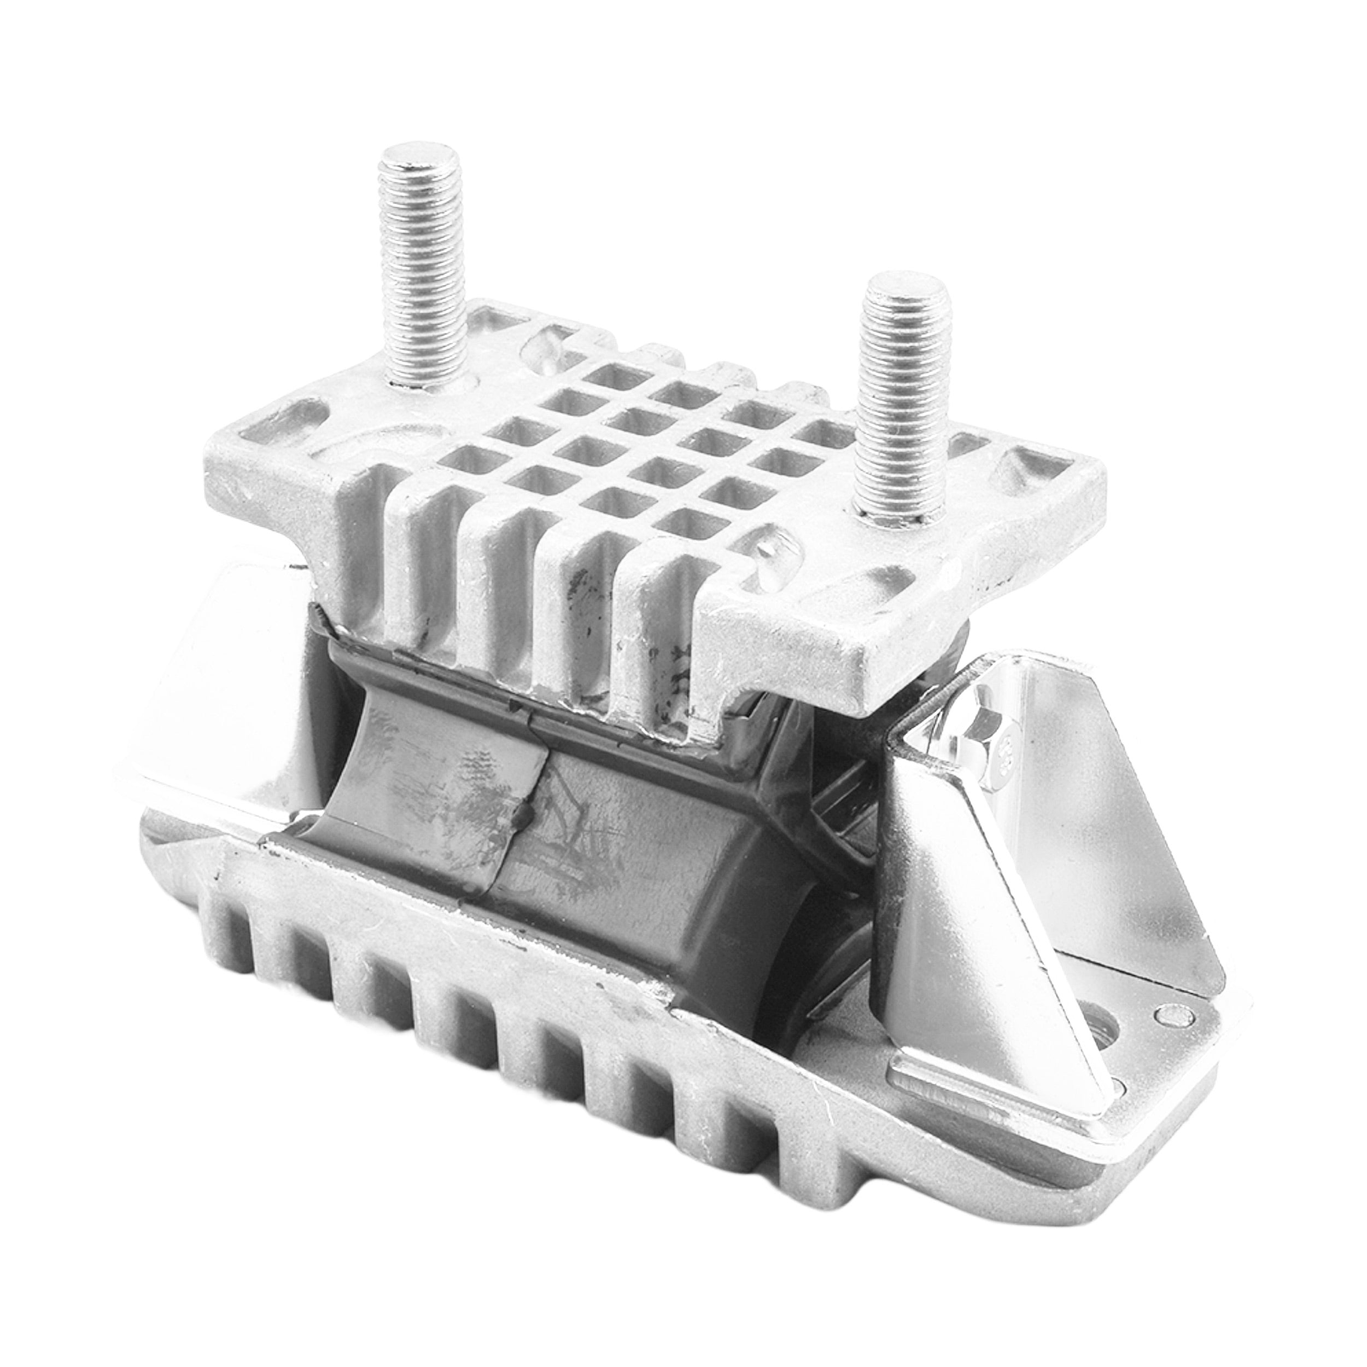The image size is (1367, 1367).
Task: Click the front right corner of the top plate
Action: point(874,683)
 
